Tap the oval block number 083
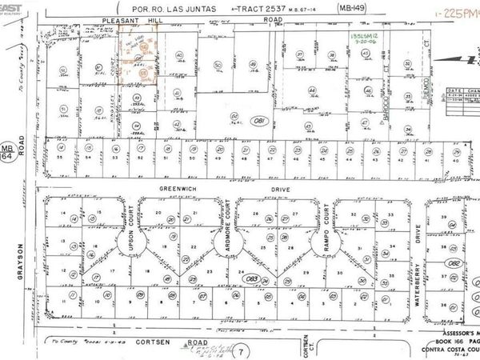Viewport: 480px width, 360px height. (253, 278)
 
